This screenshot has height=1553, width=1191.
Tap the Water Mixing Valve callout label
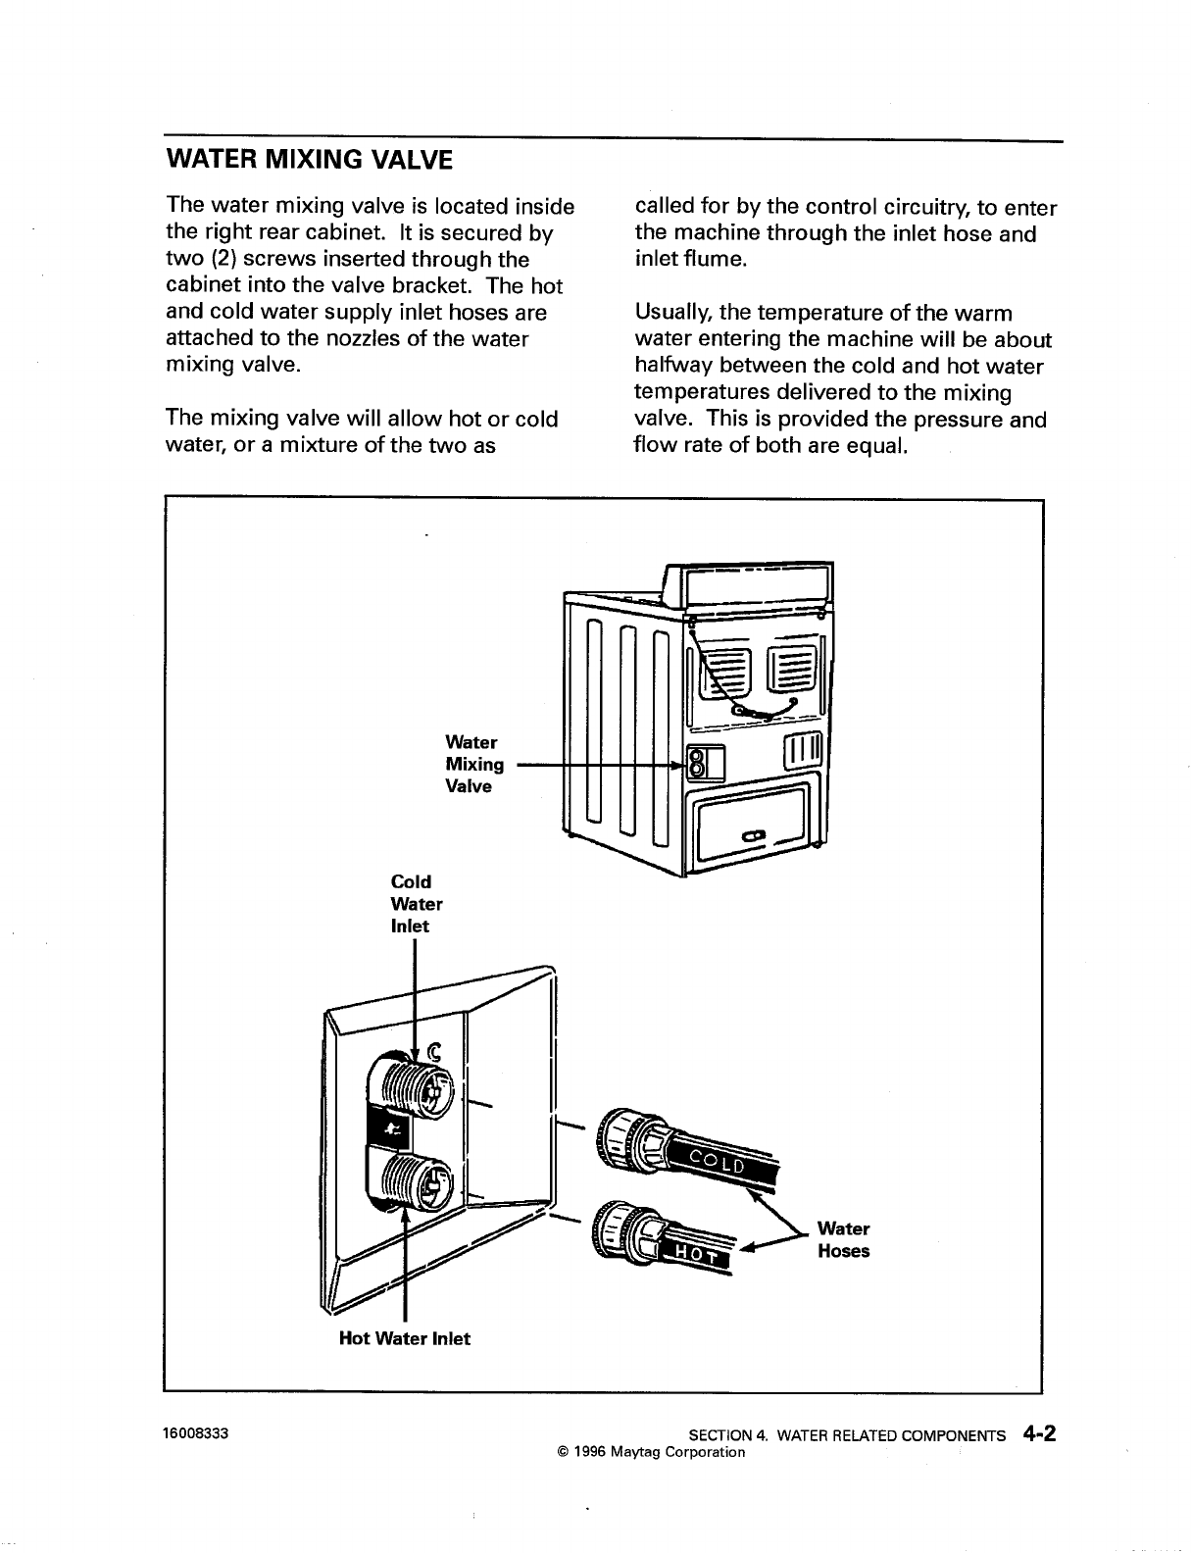(474, 765)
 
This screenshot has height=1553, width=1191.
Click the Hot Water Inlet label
(404, 1338)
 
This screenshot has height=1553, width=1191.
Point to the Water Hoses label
(843, 1240)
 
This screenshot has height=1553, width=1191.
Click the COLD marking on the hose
(718, 1163)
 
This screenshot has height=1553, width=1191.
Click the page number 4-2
(1037, 1433)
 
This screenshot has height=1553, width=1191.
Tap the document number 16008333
(196, 1433)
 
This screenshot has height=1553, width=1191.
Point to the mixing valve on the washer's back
(697, 763)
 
